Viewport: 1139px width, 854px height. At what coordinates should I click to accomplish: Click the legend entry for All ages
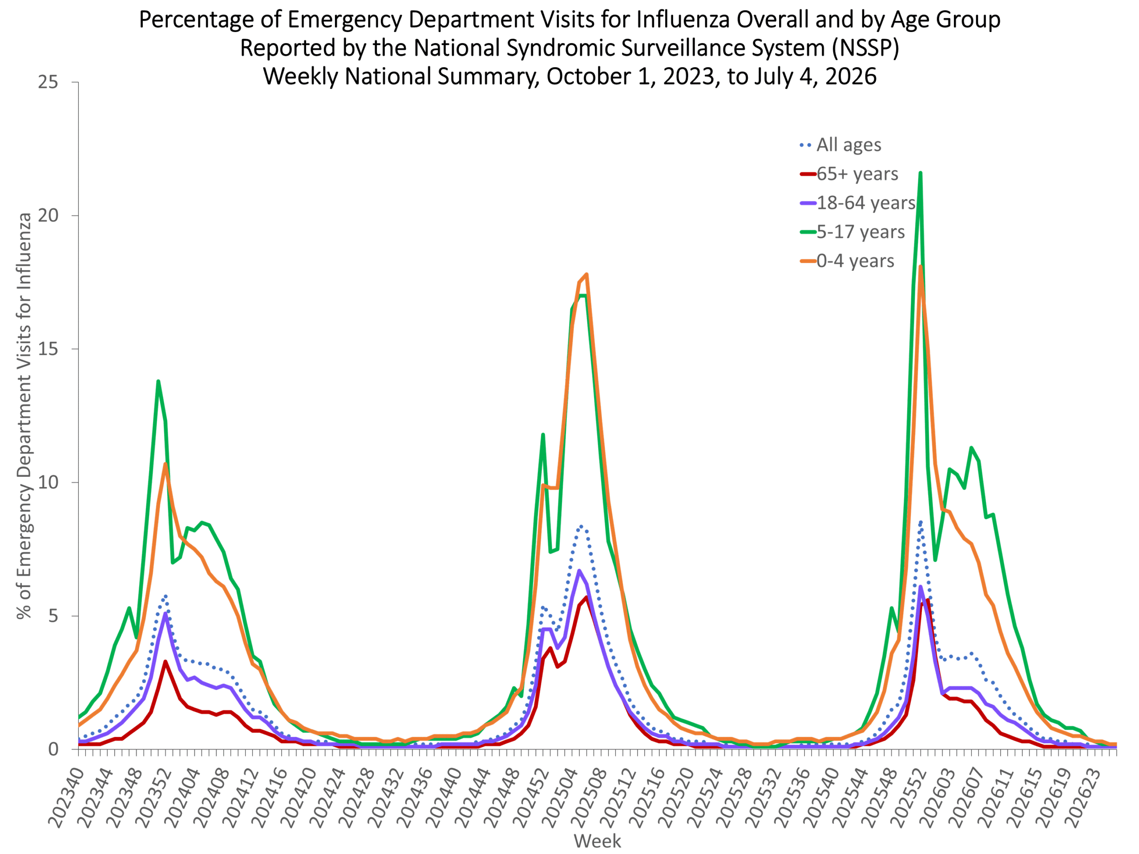[x=840, y=145]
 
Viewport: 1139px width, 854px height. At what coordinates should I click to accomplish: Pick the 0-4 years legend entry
[x=847, y=261]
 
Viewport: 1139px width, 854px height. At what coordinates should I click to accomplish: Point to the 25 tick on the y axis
[x=48, y=82]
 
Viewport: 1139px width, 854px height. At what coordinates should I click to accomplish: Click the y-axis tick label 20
[x=48, y=215]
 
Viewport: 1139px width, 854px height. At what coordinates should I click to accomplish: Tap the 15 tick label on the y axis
[x=48, y=349]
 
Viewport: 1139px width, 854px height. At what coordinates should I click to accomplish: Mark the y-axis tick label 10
[x=48, y=482]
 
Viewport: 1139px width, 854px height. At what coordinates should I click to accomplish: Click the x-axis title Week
[x=597, y=841]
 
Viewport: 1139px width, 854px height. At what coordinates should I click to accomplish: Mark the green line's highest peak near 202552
[x=920, y=173]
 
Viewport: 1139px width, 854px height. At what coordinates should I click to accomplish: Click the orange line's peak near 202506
[x=586, y=274]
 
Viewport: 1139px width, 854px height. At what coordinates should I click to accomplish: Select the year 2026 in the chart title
[x=851, y=76]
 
